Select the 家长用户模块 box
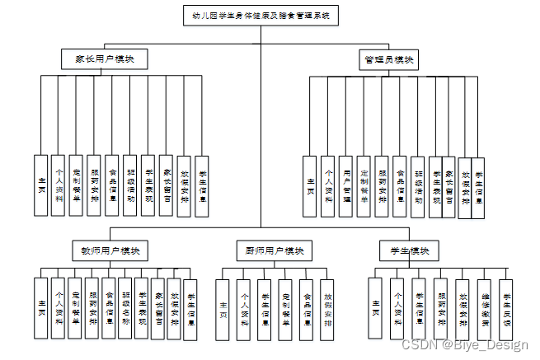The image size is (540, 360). [x=105, y=59]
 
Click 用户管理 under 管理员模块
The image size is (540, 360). [x=346, y=186]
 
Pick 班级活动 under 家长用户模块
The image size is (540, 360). [x=130, y=186]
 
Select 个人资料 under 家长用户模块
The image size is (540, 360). [x=58, y=186]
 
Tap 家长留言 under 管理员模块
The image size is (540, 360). [x=449, y=186]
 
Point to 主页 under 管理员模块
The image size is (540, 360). [x=310, y=186]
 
